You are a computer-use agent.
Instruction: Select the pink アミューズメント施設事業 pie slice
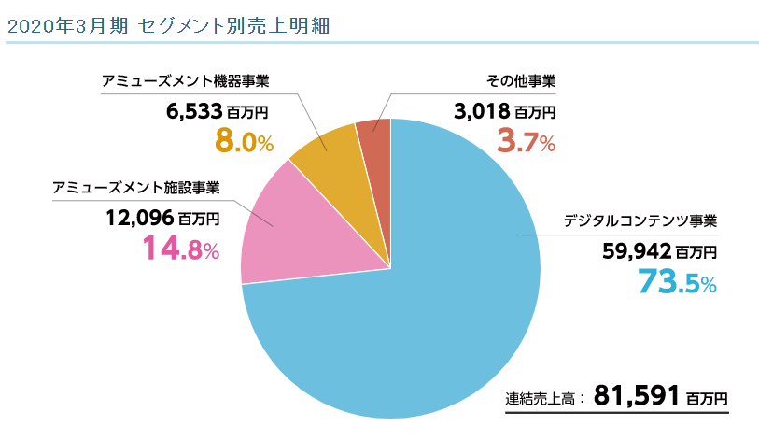click(x=280, y=234)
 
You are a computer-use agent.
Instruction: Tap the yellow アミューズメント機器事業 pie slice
click(x=327, y=149)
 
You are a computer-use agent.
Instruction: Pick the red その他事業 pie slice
click(x=374, y=140)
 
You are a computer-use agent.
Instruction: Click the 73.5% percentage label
click(x=677, y=281)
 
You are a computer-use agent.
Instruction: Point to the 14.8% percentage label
click(x=180, y=249)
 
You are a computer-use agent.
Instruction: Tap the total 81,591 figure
click(x=634, y=395)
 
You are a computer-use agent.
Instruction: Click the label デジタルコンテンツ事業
click(x=640, y=221)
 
